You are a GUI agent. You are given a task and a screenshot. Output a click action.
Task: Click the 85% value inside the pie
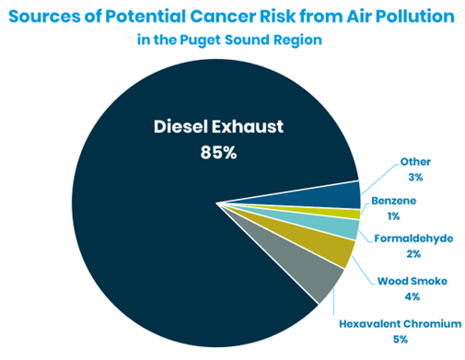(218, 153)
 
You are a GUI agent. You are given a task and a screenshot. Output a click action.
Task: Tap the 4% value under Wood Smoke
(411, 296)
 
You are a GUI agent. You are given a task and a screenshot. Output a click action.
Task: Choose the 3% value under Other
(416, 177)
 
